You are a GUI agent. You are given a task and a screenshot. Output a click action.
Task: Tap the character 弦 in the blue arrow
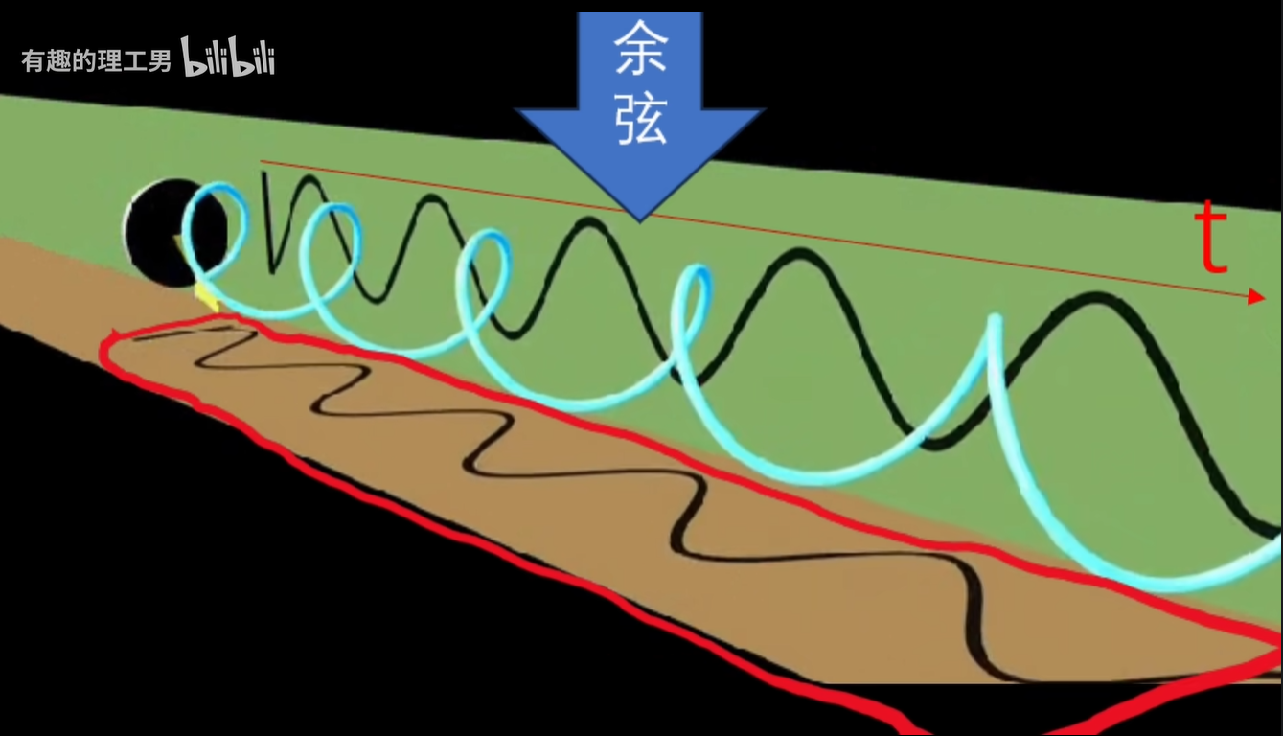coord(640,122)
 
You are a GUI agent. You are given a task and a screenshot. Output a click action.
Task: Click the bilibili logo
coord(228,60)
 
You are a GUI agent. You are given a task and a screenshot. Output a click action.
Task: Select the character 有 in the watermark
coord(34,62)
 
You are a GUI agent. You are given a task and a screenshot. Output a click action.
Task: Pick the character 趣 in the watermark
coord(58,62)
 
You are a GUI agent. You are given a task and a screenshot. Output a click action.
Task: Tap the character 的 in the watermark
coord(83,62)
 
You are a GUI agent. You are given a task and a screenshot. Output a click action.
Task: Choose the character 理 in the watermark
coord(108,62)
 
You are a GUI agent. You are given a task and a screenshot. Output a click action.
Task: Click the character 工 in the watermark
coord(134,62)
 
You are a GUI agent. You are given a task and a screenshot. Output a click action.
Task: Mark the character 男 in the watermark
coord(159,62)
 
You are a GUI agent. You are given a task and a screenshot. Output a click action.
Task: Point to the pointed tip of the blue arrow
coord(640,218)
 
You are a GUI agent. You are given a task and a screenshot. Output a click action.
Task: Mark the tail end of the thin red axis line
coord(262,161)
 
